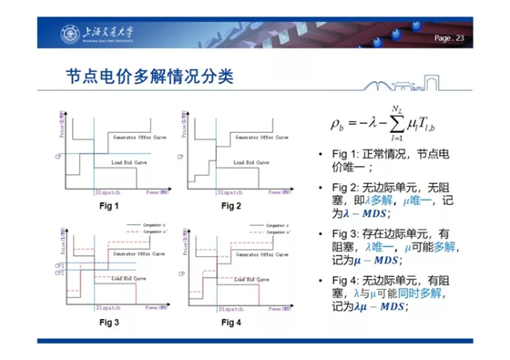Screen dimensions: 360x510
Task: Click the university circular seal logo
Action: [69, 36]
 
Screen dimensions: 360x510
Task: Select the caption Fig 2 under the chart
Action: [232, 206]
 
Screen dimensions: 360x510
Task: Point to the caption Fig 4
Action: [232, 322]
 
